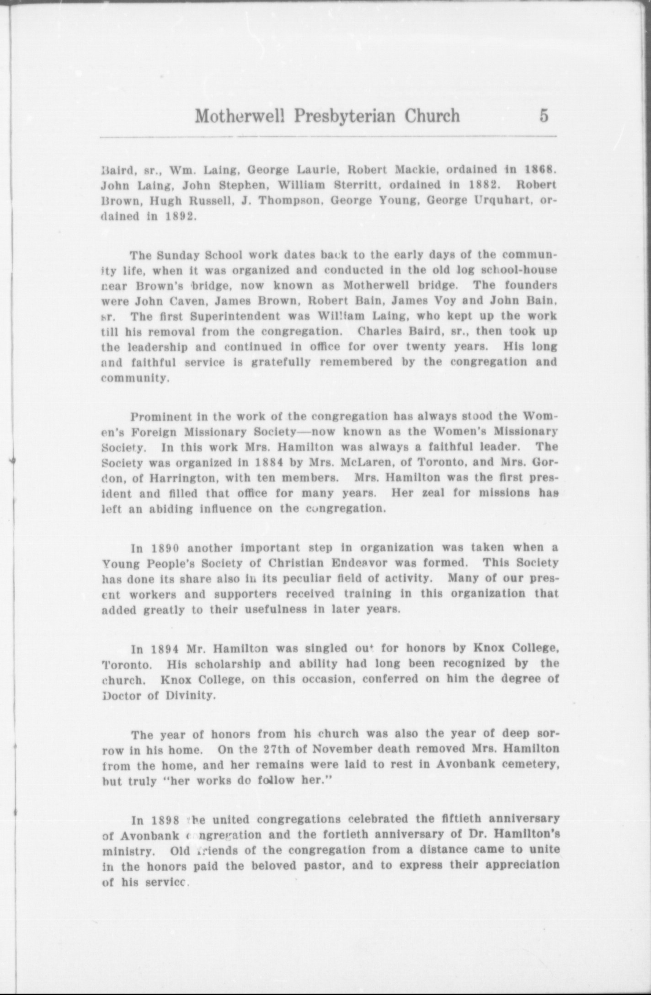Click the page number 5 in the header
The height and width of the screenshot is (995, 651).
(544, 116)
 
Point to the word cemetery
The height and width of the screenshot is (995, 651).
(531, 765)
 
